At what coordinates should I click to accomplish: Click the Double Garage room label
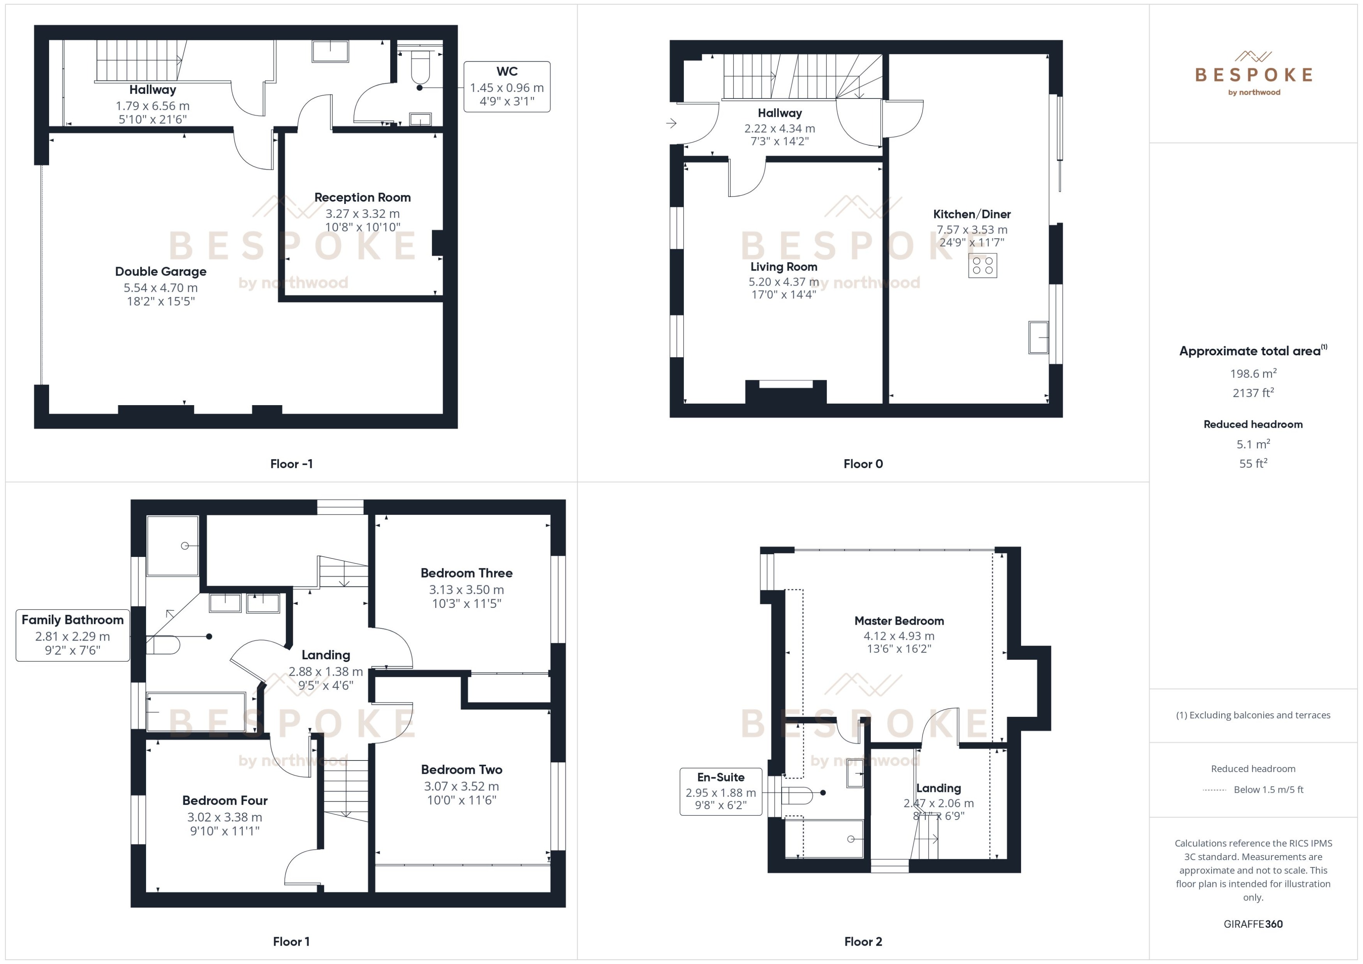coord(160,271)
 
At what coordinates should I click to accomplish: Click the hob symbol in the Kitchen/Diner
coord(982,265)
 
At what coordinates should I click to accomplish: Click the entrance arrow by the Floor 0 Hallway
coord(671,123)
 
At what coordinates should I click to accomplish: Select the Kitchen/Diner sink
coord(1038,337)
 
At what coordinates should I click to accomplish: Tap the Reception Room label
coord(362,197)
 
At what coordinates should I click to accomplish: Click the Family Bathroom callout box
coord(72,634)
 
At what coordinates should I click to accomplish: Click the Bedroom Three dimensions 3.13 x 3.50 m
coord(466,590)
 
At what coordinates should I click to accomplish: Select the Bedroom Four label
coord(224,800)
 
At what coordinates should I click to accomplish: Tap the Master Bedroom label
coord(898,621)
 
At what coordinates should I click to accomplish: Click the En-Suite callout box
coord(720,791)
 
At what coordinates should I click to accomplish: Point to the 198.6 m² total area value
coord(1252,373)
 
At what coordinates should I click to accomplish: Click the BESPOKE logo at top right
coord(1253,74)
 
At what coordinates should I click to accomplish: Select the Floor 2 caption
coord(863,941)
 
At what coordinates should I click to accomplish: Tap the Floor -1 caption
coord(291,464)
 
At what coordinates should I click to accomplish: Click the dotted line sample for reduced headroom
coord(1214,790)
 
